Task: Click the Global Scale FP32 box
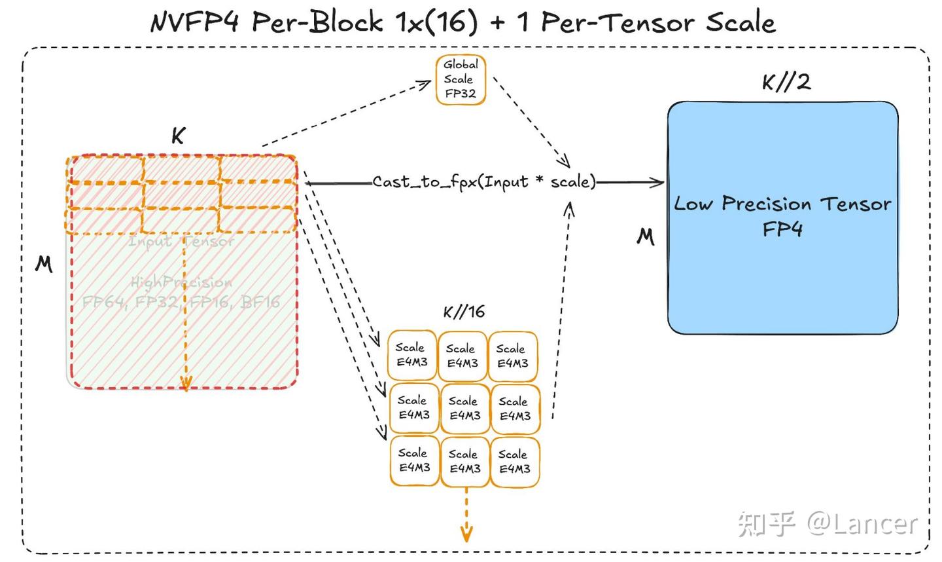(461, 80)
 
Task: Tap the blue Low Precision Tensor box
(782, 275)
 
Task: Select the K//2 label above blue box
(786, 82)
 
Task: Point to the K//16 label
(464, 312)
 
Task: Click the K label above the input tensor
(178, 136)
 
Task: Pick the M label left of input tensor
(44, 264)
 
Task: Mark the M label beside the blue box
(646, 236)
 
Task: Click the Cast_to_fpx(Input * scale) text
(484, 181)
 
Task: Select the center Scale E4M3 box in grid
(464, 408)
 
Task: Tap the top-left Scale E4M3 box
(411, 355)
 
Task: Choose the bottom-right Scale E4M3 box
(514, 462)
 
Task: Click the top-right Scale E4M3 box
(512, 356)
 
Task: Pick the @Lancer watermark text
(862, 523)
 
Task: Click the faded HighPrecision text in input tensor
(181, 282)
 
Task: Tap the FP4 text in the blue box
(782, 229)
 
